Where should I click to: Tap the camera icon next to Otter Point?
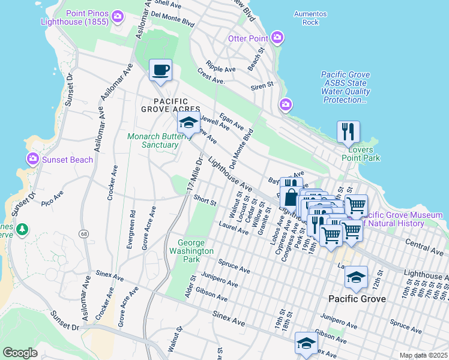click(277, 38)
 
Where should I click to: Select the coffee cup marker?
click(160, 70)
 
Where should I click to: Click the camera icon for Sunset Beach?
click(32, 159)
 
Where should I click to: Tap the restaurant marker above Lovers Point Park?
click(348, 131)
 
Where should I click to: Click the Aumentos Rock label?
click(310, 18)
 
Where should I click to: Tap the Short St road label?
click(205, 202)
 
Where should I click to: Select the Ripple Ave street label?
click(220, 65)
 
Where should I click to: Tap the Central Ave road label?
click(424, 245)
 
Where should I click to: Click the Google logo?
click(20, 353)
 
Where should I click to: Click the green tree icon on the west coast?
click(22, 229)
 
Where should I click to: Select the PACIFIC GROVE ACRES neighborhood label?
click(170, 105)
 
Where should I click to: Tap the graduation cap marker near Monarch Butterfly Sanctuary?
click(188, 124)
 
